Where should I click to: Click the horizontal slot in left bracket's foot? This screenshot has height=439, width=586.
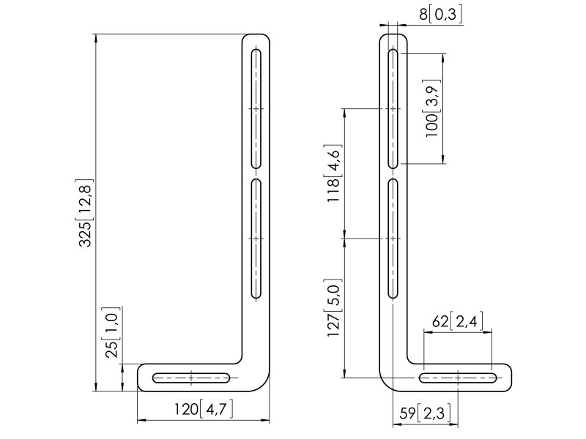tap(191, 378)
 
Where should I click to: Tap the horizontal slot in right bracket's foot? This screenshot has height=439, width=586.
tap(459, 378)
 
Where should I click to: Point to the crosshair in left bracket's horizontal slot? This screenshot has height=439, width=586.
tap(191, 378)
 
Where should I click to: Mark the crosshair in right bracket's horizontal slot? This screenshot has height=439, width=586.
tap(459, 378)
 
